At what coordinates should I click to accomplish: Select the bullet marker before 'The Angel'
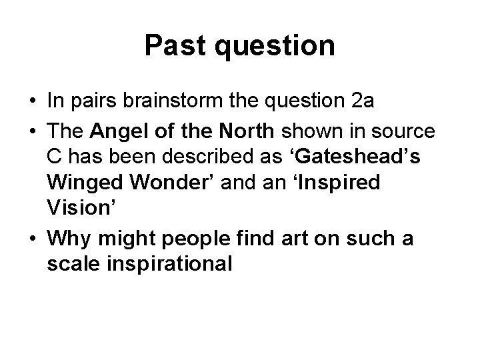click(x=33, y=132)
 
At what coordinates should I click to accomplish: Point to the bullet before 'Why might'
click(x=33, y=239)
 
